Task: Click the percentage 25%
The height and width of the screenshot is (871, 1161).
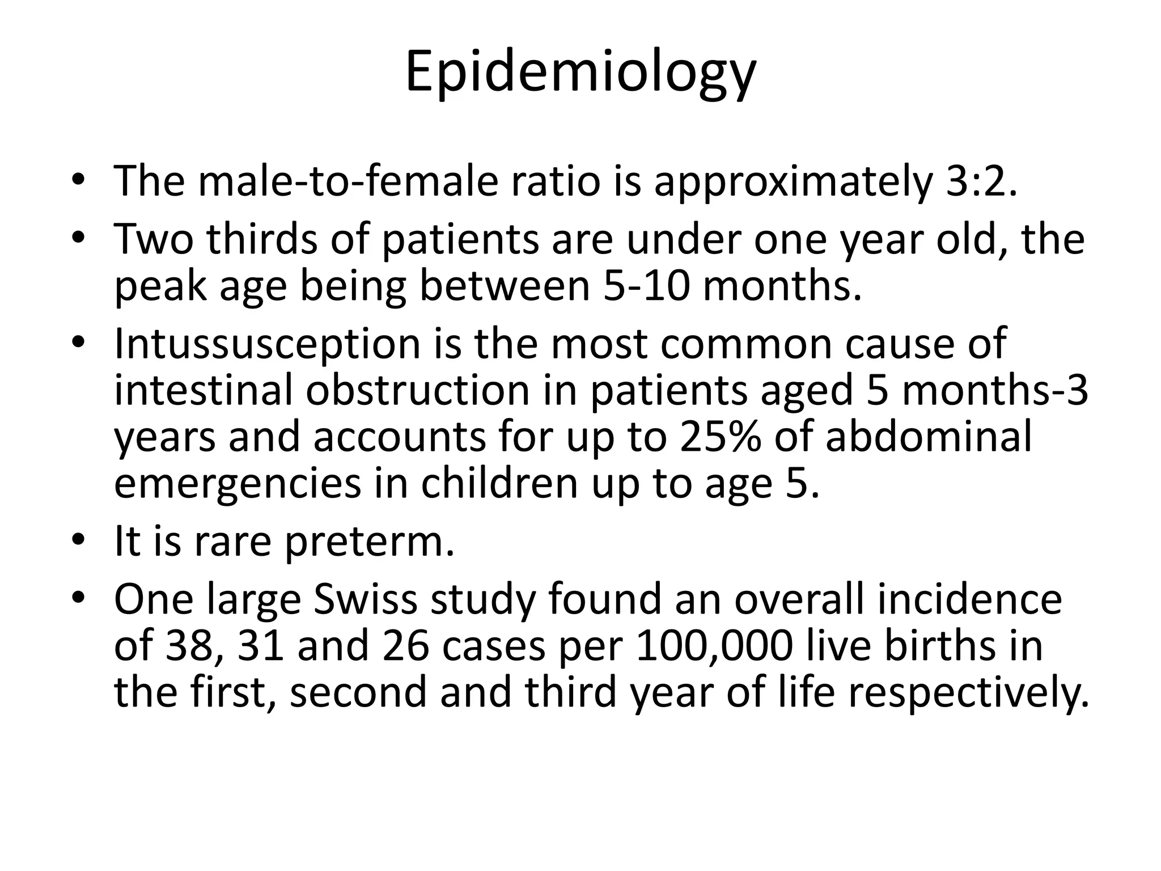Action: click(x=720, y=437)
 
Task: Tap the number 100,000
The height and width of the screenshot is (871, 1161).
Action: click(x=713, y=646)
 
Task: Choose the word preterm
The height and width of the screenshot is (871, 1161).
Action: click(x=369, y=542)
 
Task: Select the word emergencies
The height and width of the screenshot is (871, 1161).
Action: click(x=238, y=484)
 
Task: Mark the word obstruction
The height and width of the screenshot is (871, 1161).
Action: click(x=417, y=391)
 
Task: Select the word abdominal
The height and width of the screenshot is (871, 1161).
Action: click(x=929, y=437)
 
